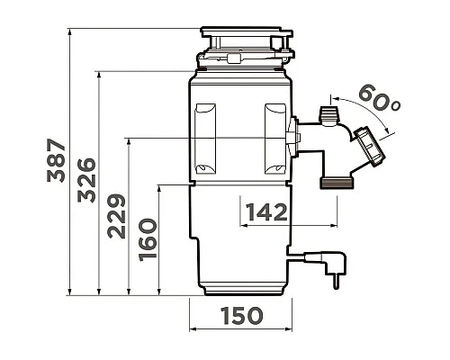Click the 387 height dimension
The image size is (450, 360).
tap(56, 160)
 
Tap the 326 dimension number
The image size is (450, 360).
tap(86, 180)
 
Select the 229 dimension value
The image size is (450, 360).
tap(117, 216)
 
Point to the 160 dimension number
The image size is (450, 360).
tap(148, 240)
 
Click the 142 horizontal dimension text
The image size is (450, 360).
tap(266, 212)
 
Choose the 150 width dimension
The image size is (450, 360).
tap(242, 316)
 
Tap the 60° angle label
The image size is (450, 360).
tap(379, 98)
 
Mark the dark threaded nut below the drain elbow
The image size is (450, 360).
tap(337, 183)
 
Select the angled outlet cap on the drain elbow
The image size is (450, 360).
tap(370, 147)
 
